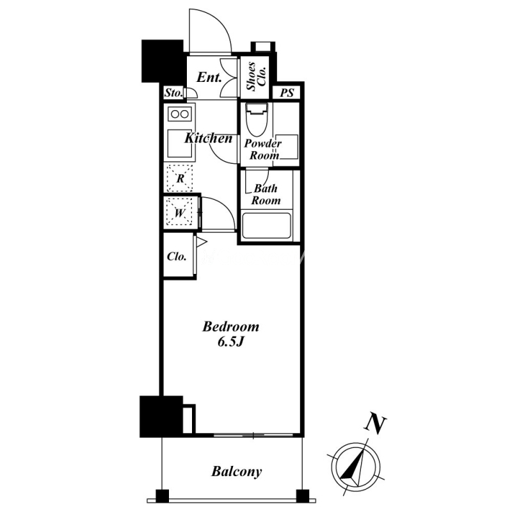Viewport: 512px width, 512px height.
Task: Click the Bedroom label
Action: (x=230, y=326)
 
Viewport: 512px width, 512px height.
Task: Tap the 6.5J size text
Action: (x=230, y=342)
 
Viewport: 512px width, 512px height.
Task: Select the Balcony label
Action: (x=236, y=472)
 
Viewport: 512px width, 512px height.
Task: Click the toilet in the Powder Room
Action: (x=257, y=120)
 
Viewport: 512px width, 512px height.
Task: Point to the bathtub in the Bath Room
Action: (x=266, y=226)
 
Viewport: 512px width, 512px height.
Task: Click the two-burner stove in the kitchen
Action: (x=180, y=114)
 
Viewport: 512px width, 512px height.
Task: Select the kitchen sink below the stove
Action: (x=180, y=143)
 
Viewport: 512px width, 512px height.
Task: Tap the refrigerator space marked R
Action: (x=180, y=179)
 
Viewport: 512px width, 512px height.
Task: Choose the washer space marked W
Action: (x=179, y=212)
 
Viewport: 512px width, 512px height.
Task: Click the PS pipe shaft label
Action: (x=287, y=93)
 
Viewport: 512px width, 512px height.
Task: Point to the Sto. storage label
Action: (x=173, y=93)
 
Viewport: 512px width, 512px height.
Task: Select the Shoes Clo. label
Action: (x=257, y=76)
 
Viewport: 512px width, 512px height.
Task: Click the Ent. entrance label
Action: (x=209, y=77)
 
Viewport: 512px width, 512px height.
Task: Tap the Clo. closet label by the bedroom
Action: (x=177, y=257)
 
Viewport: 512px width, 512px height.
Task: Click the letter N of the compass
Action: (x=375, y=424)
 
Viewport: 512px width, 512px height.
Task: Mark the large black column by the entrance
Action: (x=163, y=61)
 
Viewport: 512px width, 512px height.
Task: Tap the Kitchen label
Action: (x=209, y=138)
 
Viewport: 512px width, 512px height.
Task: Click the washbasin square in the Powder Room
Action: (x=287, y=147)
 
